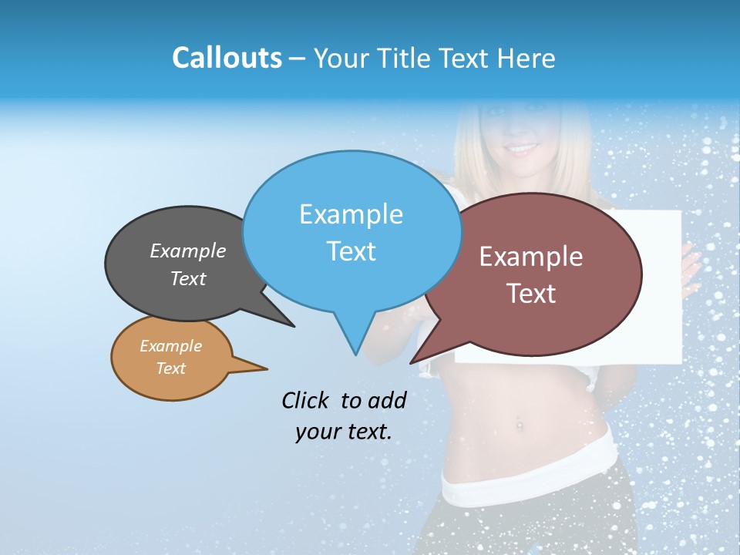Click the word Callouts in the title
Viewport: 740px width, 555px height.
[x=227, y=58]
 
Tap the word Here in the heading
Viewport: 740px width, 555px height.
[x=526, y=59]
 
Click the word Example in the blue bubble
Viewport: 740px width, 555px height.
[x=351, y=214]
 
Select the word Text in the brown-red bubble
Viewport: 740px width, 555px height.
[x=530, y=294]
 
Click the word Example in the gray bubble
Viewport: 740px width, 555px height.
[x=188, y=251]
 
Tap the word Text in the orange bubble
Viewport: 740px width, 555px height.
[x=170, y=368]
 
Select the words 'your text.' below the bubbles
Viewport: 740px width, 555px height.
[x=343, y=432]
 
